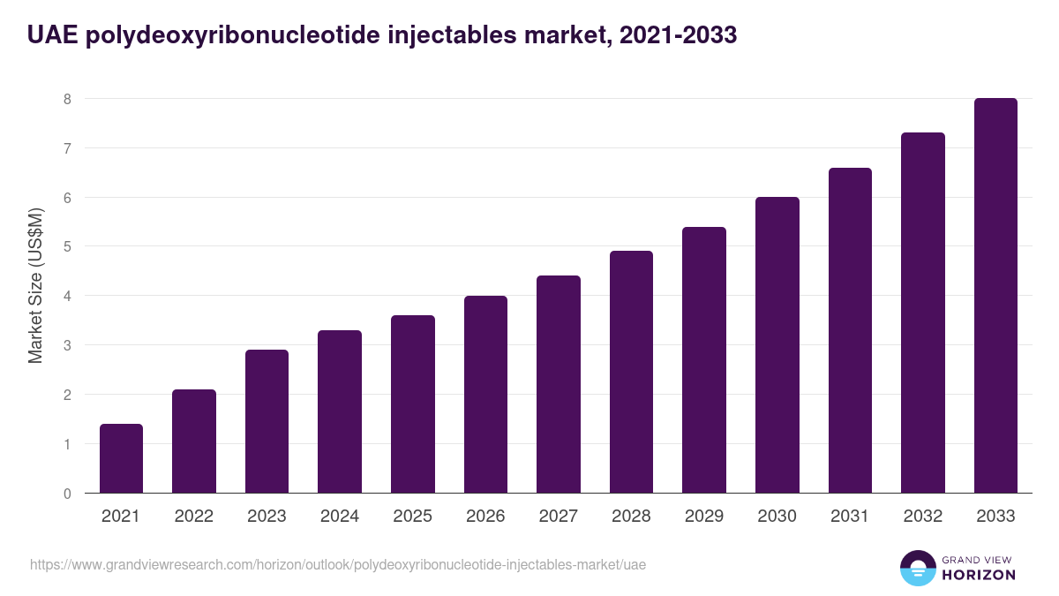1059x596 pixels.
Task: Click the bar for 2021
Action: [121, 458]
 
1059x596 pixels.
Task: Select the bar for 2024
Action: [340, 411]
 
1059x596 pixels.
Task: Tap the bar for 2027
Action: [559, 384]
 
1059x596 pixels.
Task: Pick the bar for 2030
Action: [777, 345]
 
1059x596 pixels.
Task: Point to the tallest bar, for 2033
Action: [995, 296]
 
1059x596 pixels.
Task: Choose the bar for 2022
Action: [194, 441]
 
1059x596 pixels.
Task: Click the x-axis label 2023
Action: [267, 517]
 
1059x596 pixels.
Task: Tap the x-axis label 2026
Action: [485, 517]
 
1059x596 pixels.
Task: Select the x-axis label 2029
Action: [704, 517]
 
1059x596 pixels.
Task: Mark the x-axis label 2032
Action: [923, 517]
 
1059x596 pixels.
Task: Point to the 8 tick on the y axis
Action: [67, 99]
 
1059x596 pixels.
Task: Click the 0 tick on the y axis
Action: [67, 494]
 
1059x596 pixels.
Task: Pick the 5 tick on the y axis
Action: [67, 247]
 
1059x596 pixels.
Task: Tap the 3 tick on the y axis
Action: [67, 345]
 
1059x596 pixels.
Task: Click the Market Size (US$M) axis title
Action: [35, 284]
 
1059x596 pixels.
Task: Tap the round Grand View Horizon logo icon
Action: [918, 568]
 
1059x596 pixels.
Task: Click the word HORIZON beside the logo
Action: [977, 575]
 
